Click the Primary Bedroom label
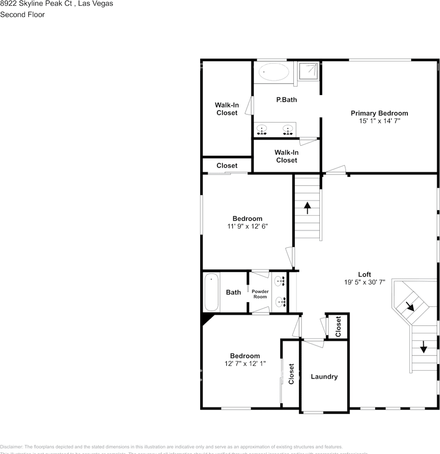pyautogui.click(x=379, y=113)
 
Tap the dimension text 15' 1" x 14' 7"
pyautogui.click(x=379, y=121)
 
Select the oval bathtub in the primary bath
pyautogui.click(x=274, y=72)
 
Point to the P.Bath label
pyautogui.click(x=286, y=100)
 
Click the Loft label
pyautogui.click(x=364, y=274)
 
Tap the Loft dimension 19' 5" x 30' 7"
pyautogui.click(x=364, y=282)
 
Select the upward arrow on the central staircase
pyautogui.click(x=308, y=207)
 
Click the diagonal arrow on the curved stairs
pyautogui.click(x=410, y=306)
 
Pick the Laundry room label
pyautogui.click(x=324, y=376)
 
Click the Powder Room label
pyautogui.click(x=260, y=294)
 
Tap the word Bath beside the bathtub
pyautogui.click(x=233, y=292)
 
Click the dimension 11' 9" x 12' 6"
pyautogui.click(x=247, y=226)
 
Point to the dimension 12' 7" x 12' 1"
pyautogui.click(x=245, y=364)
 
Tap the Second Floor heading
pyautogui.click(x=23, y=15)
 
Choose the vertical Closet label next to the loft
pyautogui.click(x=338, y=326)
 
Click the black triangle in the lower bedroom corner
pyautogui.click(x=206, y=319)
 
